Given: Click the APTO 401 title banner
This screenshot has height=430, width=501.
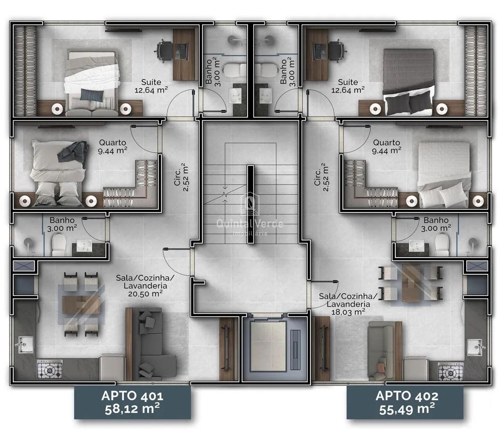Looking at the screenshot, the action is click(132, 402).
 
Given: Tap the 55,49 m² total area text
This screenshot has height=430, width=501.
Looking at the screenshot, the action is click(407, 410).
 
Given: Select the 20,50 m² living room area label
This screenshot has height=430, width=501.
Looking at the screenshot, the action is click(145, 294).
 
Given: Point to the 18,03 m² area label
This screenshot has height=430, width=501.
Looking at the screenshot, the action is click(348, 312).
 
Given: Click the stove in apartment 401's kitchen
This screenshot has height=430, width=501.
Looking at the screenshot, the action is click(50, 369).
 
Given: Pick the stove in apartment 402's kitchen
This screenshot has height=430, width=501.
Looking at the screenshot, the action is click(451, 371).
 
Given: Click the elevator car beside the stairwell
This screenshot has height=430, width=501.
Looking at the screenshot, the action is click(268, 346).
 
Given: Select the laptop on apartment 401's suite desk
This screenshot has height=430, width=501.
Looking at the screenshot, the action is click(181, 52).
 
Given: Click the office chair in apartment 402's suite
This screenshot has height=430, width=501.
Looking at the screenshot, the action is click(337, 52).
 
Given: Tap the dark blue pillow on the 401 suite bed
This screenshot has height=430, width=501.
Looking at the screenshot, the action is click(92, 95).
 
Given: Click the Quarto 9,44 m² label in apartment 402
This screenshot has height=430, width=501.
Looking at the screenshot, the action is click(386, 147).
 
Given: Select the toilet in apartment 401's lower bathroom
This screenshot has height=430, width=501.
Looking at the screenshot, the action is click(59, 244).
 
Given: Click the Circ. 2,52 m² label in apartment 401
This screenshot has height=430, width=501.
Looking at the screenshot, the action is click(181, 177).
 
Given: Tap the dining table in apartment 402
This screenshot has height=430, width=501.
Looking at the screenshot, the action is click(410, 283).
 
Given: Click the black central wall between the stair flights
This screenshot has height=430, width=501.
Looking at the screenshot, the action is click(250, 204).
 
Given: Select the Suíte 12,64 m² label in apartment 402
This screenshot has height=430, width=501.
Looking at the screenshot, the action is click(348, 86).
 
